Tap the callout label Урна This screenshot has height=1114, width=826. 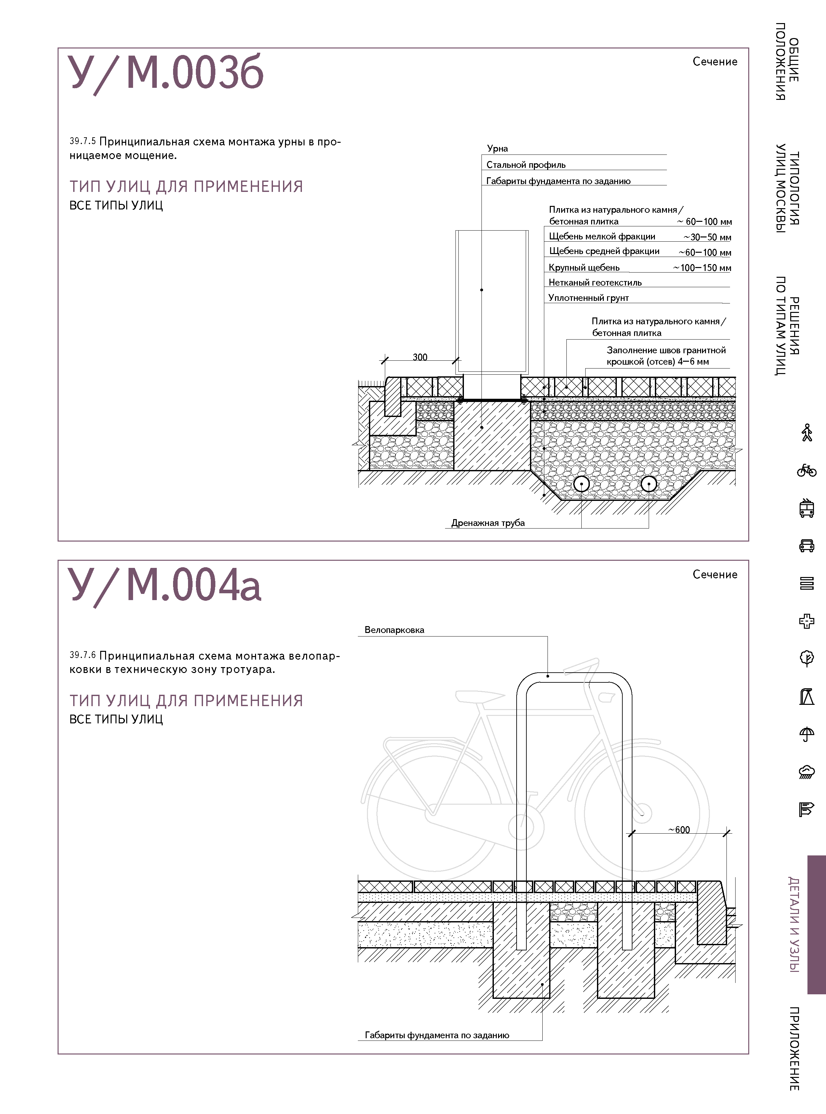(x=497, y=148)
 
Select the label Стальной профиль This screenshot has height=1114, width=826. (x=525, y=165)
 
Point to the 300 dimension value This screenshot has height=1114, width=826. (x=420, y=357)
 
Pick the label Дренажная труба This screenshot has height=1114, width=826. (x=488, y=523)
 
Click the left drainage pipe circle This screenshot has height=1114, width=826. (x=581, y=484)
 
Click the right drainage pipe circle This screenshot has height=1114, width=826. (x=648, y=484)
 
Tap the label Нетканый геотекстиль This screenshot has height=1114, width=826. (x=595, y=282)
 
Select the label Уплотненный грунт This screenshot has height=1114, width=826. (x=589, y=298)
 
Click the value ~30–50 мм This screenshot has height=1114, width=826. (x=707, y=237)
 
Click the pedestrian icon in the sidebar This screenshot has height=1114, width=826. (x=806, y=433)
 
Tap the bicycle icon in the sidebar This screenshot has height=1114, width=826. (x=806, y=470)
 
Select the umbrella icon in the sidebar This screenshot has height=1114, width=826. (x=806, y=734)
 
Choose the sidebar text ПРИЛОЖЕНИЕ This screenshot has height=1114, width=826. (x=794, y=1048)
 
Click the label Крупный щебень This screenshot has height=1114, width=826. (x=584, y=267)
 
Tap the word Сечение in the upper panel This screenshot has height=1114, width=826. (x=714, y=61)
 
